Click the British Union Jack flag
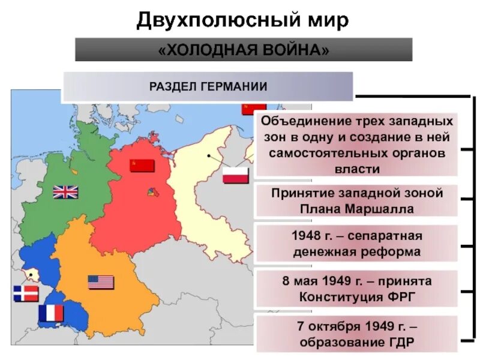point(65,192)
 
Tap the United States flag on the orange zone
point(101,282)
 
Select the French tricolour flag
point(51,313)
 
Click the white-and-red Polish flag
point(235,175)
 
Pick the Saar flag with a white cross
point(26,293)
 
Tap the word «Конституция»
point(340,297)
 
